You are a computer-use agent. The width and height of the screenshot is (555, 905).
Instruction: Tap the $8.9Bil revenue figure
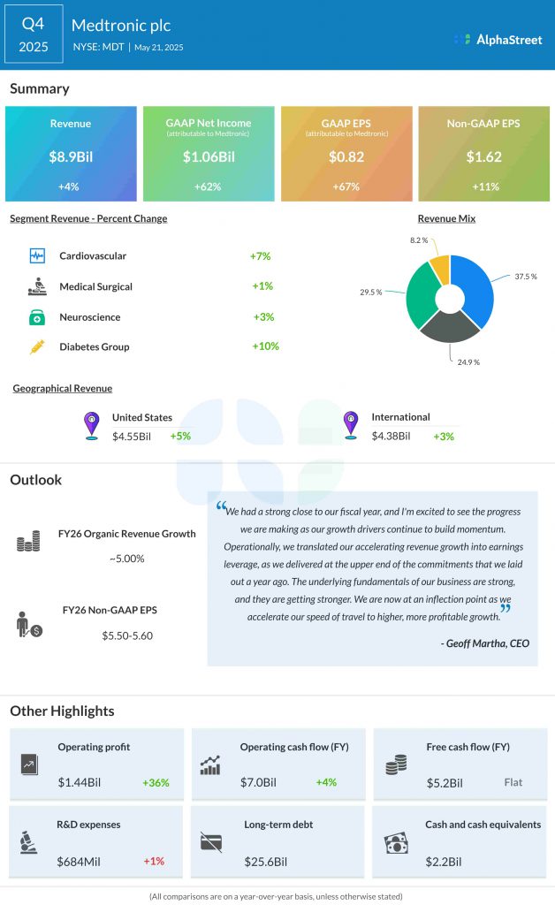[x=70, y=157]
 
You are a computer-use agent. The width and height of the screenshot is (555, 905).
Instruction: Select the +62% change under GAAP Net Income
[x=208, y=186]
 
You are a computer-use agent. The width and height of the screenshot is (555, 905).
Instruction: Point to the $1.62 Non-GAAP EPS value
[x=483, y=157]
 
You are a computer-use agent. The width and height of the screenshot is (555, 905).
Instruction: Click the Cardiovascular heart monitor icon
[x=37, y=256]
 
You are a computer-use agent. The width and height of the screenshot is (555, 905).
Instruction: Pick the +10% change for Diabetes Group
[x=264, y=346]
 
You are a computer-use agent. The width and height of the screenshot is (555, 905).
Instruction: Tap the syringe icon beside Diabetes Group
[x=37, y=347]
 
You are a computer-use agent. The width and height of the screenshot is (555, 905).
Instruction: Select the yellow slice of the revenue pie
[x=439, y=270]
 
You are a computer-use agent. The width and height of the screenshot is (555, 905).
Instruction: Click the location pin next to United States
[x=91, y=425]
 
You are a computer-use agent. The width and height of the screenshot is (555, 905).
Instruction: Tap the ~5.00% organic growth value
[x=126, y=559]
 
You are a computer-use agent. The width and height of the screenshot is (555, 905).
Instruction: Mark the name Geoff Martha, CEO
[x=484, y=643]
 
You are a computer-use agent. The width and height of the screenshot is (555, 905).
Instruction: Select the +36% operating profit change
[x=156, y=782]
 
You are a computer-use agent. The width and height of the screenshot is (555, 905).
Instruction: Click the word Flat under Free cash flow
[x=513, y=782]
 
